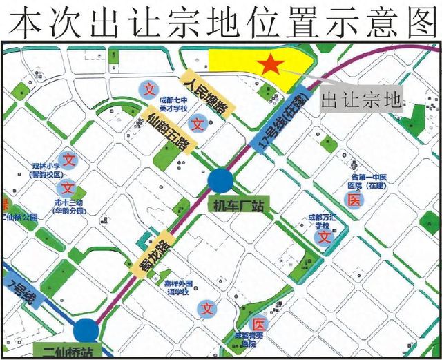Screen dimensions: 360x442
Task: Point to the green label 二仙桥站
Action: pos(75,353)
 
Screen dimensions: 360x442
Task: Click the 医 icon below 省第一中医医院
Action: pos(354,200)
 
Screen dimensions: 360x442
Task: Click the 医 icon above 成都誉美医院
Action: pos(258,324)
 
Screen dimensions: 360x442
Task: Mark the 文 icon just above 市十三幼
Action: pos(68,187)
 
